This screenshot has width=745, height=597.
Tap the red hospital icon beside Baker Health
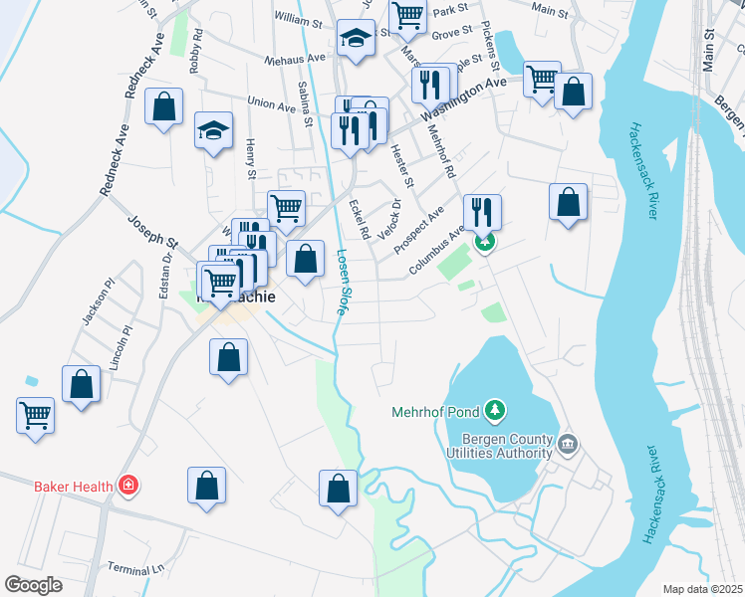[x=127, y=487]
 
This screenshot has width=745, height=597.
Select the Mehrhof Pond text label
[x=434, y=410]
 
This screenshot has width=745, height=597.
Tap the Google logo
[x=34, y=585]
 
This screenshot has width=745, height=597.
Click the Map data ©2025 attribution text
[x=701, y=589]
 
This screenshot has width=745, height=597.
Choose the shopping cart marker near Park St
[x=407, y=16]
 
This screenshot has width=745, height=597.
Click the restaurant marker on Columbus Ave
[x=482, y=211]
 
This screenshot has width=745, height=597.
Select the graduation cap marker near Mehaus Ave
[x=355, y=39]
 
